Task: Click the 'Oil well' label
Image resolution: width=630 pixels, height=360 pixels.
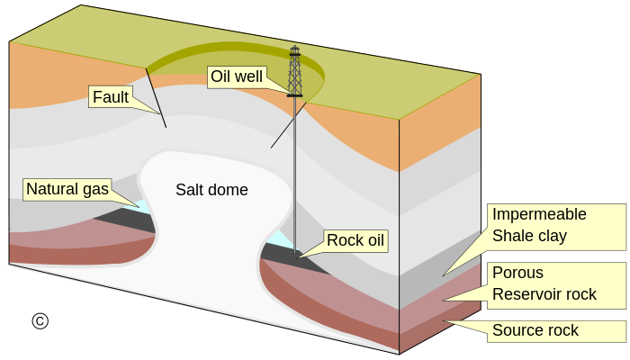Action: pos(237,76)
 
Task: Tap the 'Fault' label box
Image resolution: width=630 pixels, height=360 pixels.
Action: pos(111,97)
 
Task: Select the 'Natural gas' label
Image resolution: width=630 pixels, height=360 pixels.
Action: pos(67,189)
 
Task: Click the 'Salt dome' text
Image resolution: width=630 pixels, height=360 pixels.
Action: pos(211,190)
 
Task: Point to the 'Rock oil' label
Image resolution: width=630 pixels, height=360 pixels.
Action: pos(355,240)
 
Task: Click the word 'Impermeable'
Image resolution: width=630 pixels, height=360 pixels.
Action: pos(539,214)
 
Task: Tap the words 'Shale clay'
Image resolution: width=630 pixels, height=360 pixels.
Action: pos(529,236)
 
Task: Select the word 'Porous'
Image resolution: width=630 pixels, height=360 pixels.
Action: pos(517,273)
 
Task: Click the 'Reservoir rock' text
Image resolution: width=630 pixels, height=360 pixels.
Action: pos(544,294)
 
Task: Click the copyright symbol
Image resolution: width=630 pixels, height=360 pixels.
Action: pos(40,321)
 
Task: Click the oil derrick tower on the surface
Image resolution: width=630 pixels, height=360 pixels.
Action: pos(295,71)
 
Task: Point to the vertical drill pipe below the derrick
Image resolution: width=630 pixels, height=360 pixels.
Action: pos(295,175)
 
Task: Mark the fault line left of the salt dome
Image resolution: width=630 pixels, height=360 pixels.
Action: pos(156,97)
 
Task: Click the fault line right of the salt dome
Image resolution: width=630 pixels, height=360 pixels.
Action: pos(289,125)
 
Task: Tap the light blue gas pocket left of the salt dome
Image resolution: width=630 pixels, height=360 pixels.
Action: pos(141,206)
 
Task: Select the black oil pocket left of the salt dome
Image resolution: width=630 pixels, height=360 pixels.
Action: pos(129,220)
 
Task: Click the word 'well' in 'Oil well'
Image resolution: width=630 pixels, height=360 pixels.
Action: pos(249,76)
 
